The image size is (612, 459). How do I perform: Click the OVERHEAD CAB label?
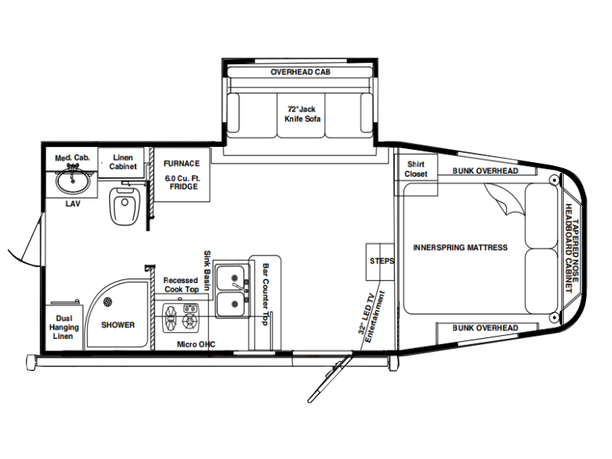[x=300, y=72]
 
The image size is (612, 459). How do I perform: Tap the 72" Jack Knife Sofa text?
[x=302, y=114]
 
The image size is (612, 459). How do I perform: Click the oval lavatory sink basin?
[x=73, y=182]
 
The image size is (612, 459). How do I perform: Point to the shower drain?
[x=108, y=301]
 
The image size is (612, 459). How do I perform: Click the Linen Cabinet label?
[x=123, y=162]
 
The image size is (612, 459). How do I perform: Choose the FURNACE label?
[x=181, y=164]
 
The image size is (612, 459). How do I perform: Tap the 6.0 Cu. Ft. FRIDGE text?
[x=183, y=182]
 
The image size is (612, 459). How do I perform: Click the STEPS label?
[x=382, y=261]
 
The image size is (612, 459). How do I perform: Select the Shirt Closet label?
[x=415, y=169]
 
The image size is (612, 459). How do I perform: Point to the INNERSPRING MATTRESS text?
[x=461, y=247]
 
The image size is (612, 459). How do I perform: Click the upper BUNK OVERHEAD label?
[x=485, y=171]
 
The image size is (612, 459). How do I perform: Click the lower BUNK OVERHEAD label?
[x=485, y=328]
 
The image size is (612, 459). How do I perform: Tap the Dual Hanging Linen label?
[x=63, y=327]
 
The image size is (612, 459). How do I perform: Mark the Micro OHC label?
[x=196, y=344]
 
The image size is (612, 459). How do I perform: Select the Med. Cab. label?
[x=72, y=158]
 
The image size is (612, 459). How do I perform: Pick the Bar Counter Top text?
[x=265, y=295]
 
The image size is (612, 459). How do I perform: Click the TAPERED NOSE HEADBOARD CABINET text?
[x=571, y=248]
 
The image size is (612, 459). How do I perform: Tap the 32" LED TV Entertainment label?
[x=371, y=316]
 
